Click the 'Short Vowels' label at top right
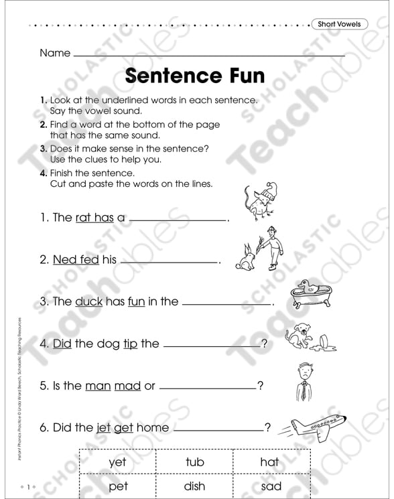click(x=339, y=24)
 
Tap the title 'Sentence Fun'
click(x=194, y=74)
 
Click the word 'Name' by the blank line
click(x=54, y=53)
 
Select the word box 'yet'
click(x=117, y=462)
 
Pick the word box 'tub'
click(x=194, y=462)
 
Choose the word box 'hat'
click(x=269, y=462)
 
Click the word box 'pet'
click(x=117, y=486)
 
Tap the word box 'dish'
click(x=194, y=486)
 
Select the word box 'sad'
click(x=271, y=486)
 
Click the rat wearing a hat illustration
click(x=258, y=200)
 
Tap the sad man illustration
click(x=305, y=382)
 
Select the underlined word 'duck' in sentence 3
click(x=88, y=301)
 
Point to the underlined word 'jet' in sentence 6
click(x=104, y=428)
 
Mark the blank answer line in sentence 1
click(x=178, y=218)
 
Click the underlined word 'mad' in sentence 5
click(x=127, y=386)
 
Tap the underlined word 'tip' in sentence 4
click(x=129, y=344)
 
